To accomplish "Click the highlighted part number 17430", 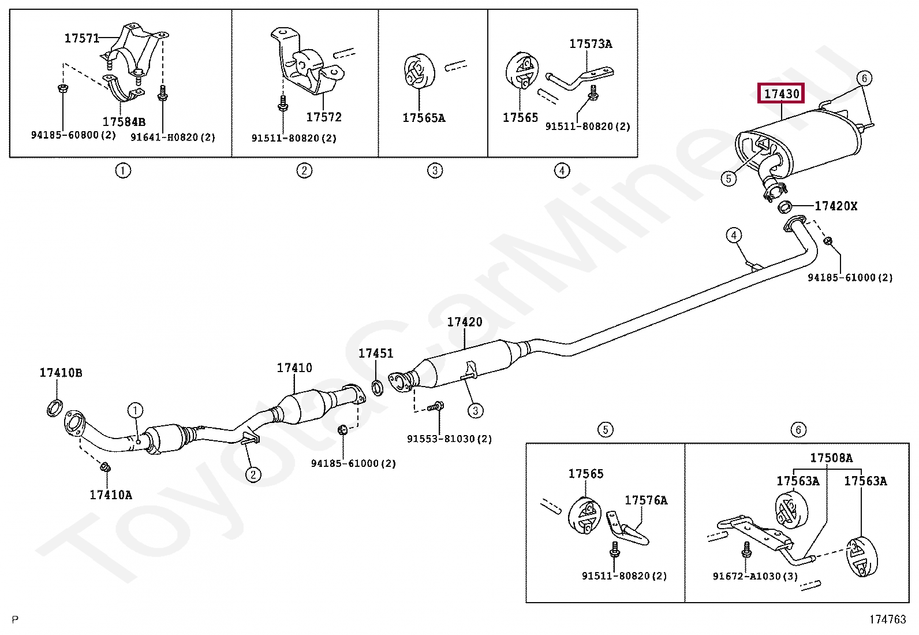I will [782, 94].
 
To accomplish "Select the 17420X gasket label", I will [835, 206].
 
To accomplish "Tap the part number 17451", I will [376, 353].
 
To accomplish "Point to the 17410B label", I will [61, 373].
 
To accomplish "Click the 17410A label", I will [111, 495].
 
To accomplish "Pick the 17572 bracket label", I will [323, 117].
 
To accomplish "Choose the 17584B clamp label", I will [124, 122].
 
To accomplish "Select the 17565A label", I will [424, 118].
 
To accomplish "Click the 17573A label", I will [591, 44].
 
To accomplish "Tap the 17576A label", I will [646, 500].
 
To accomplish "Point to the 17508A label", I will [831, 458].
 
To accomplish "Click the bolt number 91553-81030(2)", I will [449, 439].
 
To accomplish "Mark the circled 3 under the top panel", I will [435, 170].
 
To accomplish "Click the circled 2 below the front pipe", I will [253, 475].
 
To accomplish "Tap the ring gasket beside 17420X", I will [785, 206].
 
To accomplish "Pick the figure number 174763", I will [888, 619].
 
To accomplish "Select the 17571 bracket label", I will [81, 39].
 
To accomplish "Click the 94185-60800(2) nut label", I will [73, 136].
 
